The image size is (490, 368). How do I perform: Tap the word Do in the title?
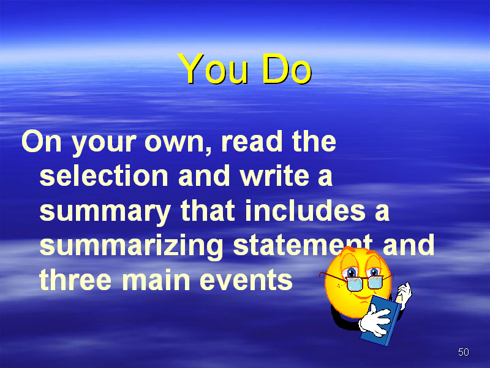pyautogui.click(x=287, y=69)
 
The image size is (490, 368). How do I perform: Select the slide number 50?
pyautogui.click(x=464, y=352)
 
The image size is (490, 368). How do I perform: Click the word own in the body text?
pyautogui.click(x=178, y=142)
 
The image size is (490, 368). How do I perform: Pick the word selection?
pyautogui.click(x=104, y=175)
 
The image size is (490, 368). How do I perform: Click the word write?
pyautogui.click(x=274, y=175)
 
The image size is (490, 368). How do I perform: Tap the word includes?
pyautogui.click(x=305, y=210)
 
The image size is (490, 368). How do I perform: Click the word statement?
pyautogui.click(x=303, y=245)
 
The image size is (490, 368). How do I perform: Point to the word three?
pyautogui.click(x=75, y=279)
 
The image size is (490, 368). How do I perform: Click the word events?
pyautogui.click(x=246, y=280)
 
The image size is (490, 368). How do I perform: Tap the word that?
pyautogui.click(x=208, y=210)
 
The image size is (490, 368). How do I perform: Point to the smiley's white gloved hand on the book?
pyautogui.click(x=374, y=320)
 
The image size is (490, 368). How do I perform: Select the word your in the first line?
pyautogui.click(x=104, y=144)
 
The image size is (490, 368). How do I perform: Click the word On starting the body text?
pyautogui.click(x=41, y=142)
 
